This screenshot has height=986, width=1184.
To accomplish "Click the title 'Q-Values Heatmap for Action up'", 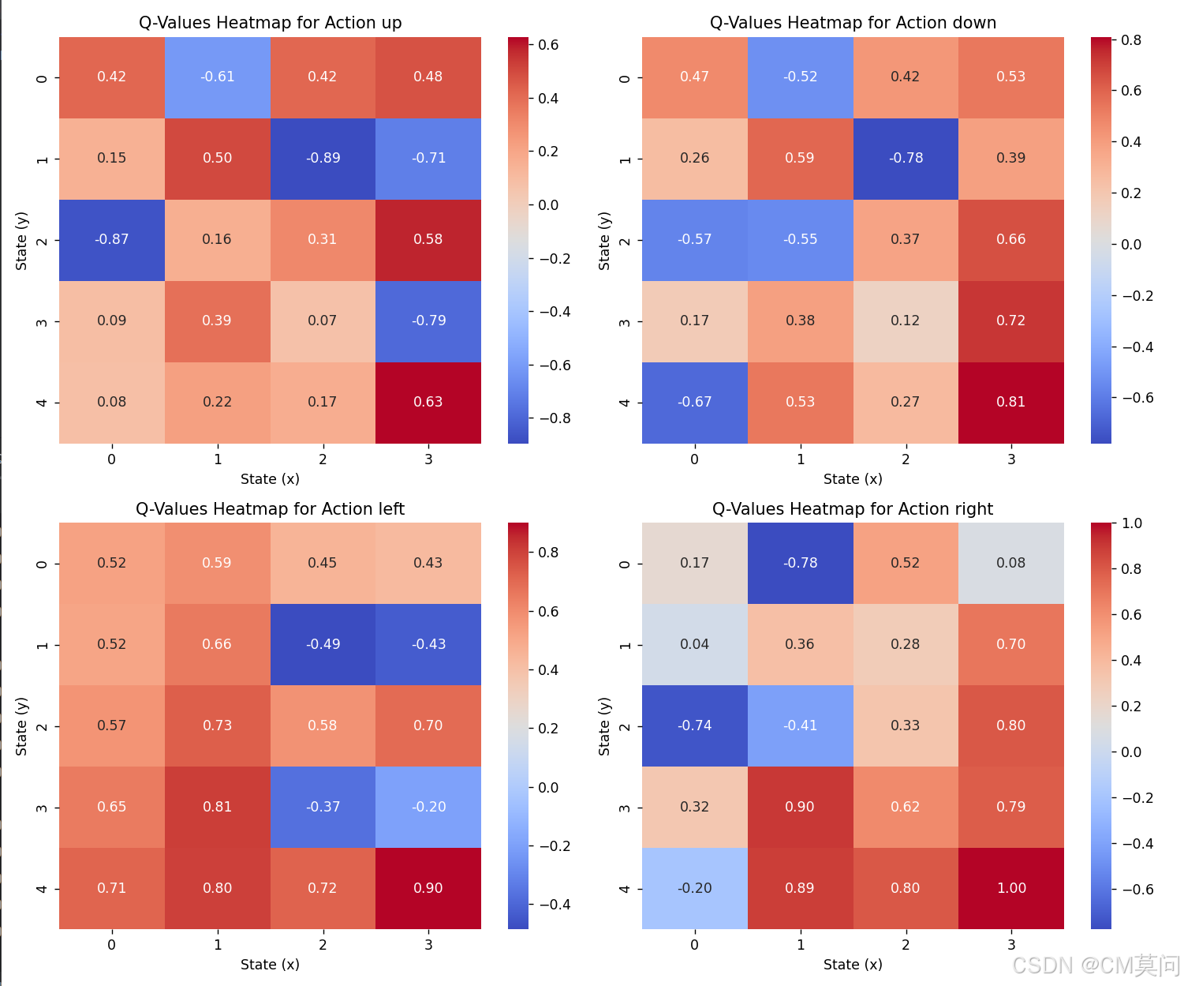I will [x=270, y=22].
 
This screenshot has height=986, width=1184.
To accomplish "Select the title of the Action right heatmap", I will [x=852, y=508].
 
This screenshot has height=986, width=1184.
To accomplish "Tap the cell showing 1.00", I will [x=1010, y=888].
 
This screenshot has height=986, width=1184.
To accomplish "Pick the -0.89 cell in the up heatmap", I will [x=323, y=158].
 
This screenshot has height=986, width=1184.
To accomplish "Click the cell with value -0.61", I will [x=217, y=77].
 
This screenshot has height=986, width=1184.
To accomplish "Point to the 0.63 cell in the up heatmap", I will [x=428, y=402].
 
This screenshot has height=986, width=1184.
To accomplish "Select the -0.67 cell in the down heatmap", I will [x=694, y=402].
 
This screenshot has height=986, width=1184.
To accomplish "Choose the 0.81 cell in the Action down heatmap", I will [x=1010, y=402].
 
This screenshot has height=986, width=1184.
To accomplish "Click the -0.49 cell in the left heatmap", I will [x=323, y=644].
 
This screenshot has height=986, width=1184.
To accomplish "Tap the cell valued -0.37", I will [x=323, y=807].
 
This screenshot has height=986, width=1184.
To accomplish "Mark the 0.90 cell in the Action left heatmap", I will [x=428, y=888].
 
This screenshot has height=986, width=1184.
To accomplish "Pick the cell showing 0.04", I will [x=694, y=644].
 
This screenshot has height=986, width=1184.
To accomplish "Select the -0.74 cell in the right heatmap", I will [x=694, y=725].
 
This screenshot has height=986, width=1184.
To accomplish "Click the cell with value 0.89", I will [x=800, y=888].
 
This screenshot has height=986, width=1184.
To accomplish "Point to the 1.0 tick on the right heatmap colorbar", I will [x=1131, y=523].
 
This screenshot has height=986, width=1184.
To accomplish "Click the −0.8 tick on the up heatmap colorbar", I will [x=555, y=418].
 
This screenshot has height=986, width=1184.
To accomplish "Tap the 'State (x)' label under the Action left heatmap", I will [x=270, y=964].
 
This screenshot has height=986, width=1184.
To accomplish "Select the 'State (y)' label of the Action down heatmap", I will [x=604, y=241].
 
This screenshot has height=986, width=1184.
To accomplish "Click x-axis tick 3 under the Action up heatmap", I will [x=428, y=459].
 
